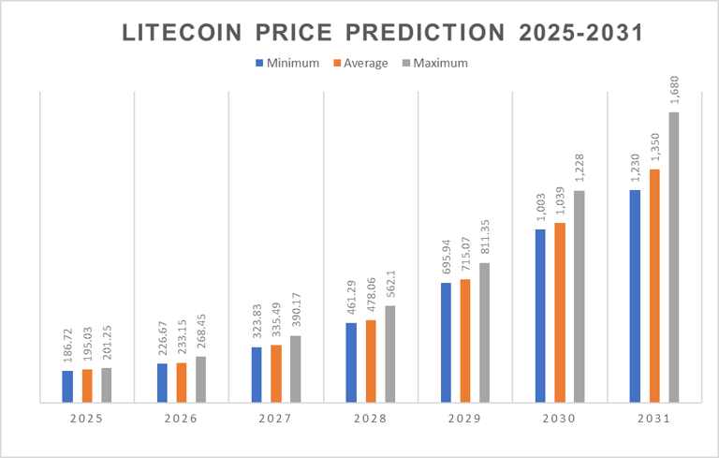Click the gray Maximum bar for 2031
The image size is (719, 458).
tap(673, 258)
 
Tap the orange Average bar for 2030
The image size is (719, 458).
tap(560, 313)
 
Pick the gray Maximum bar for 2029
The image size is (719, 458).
tap(484, 332)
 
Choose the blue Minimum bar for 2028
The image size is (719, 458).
tap(351, 362)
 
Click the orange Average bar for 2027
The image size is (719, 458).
tap(276, 374)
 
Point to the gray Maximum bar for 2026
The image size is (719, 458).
tap(200, 379)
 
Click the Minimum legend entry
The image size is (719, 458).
tap(286, 64)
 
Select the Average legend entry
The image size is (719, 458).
tap(359, 64)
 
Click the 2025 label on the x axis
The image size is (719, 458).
tap(86, 418)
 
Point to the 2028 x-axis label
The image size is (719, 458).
tap(370, 418)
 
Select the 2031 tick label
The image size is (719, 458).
tap(653, 418)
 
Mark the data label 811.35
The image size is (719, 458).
tap(484, 237)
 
